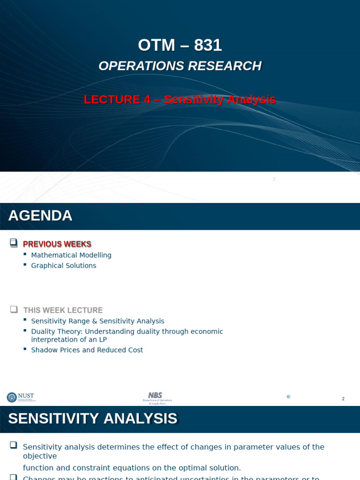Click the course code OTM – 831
[180, 45]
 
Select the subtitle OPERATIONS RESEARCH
[180, 66]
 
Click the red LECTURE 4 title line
[180, 99]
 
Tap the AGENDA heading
[40, 216]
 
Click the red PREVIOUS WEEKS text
[57, 244]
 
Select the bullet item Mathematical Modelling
[71, 255]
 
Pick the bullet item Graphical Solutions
[63, 265]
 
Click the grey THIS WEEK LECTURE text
[63, 310]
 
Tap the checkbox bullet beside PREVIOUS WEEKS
[14, 242]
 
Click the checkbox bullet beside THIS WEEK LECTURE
[14, 309]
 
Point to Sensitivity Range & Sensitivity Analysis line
[97, 321]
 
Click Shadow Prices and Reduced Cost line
[87, 350]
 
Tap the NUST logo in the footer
[20, 397]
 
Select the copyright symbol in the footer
[288, 397]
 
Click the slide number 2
[343, 399]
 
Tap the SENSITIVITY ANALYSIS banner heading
[93, 419]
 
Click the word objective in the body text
[40, 456]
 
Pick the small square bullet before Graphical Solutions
[25, 265]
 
